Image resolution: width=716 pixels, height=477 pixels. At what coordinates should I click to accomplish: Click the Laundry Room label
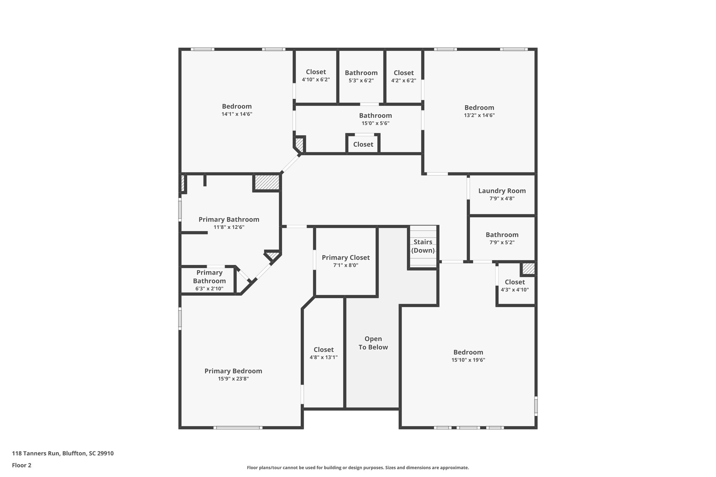pos(502,191)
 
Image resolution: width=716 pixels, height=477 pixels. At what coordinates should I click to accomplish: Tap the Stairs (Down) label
pos(423,246)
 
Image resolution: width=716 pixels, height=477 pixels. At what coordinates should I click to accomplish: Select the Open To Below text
pos(373,343)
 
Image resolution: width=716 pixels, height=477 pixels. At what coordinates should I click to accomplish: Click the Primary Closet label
pos(346,258)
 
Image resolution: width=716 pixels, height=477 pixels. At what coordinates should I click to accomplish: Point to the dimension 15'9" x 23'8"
pos(233,379)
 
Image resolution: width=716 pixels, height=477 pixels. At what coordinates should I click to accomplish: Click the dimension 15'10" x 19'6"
pos(468,360)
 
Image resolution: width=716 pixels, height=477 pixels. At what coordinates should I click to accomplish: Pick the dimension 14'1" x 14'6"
pos(237,114)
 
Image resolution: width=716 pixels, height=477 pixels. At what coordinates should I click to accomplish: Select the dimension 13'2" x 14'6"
pos(479,115)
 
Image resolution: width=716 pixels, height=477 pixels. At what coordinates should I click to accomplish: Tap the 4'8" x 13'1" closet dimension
pos(323,357)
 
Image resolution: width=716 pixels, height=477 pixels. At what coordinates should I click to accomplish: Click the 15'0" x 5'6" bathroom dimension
pos(375,123)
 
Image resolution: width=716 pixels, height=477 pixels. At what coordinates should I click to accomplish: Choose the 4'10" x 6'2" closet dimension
pos(316,80)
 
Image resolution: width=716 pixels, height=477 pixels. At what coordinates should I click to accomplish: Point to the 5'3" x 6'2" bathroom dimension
pos(361,80)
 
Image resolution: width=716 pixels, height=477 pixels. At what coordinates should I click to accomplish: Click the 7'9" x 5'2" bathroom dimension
pos(502,243)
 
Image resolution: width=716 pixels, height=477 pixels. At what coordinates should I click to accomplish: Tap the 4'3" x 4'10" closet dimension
pos(515,290)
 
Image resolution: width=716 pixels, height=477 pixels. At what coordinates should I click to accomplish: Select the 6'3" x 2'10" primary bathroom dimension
pos(209,289)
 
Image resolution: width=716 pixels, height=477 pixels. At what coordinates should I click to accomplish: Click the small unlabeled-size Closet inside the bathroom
pos(363,144)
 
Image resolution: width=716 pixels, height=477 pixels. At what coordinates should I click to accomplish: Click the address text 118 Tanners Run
pos(36,453)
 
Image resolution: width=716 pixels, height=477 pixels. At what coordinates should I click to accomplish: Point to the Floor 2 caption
pos(22,465)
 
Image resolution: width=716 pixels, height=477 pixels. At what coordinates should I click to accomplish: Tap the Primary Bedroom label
pos(233,371)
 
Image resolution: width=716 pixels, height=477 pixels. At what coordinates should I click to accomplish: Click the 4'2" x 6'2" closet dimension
pos(403,80)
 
